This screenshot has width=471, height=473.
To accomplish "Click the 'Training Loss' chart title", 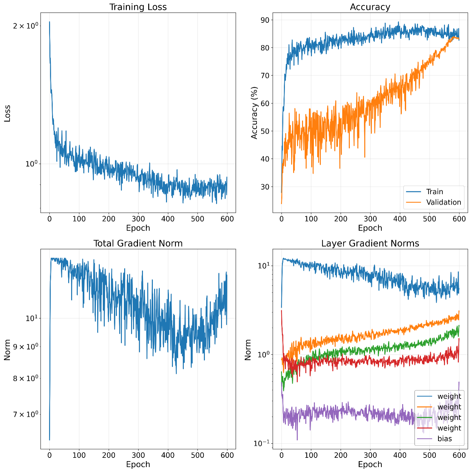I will pos(138,7).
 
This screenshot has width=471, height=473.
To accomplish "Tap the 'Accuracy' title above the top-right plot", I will pos(370,7).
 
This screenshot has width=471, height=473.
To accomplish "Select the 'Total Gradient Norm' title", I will pos(138,243).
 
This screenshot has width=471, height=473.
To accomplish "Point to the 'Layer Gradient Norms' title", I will pos(370,243).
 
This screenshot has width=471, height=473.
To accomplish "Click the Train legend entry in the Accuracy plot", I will pos(434,192).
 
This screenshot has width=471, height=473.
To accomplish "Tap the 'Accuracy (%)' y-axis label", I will pos(254,113).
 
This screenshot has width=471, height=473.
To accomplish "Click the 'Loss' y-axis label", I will pos(7,113).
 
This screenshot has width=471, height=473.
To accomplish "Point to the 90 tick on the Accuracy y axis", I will pos(265,20).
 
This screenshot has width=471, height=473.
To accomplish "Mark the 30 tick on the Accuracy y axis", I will pos(265,187).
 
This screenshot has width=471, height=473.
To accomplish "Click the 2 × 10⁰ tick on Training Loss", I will pos(26,25).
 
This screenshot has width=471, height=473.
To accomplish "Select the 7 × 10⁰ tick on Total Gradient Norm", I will pos(26,414).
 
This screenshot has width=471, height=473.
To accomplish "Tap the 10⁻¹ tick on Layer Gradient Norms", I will pos(261,443).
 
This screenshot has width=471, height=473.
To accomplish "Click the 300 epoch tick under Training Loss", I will pos(138,219).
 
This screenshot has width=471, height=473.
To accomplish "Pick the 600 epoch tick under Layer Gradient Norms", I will pos(459,455).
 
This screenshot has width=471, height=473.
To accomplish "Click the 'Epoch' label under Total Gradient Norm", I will pos(138,464).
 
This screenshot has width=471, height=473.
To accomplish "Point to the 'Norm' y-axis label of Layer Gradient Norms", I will pos(248,349).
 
